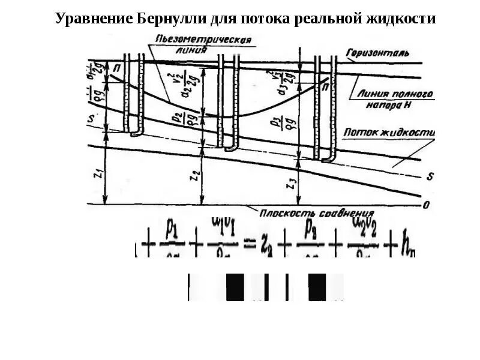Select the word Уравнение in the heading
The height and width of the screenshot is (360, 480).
tap(94, 19)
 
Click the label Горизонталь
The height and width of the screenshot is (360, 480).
tap(378, 53)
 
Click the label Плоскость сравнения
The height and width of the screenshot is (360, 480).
tap(317, 212)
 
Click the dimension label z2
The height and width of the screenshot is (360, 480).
tap(193, 176)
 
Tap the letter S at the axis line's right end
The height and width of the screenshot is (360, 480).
tap(430, 177)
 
